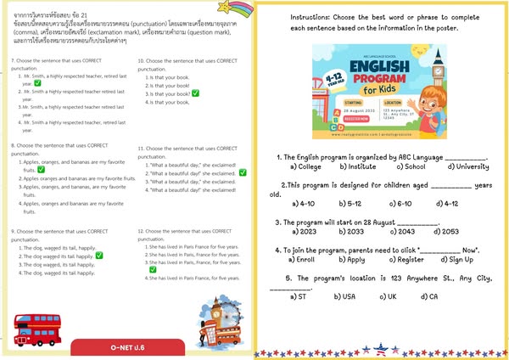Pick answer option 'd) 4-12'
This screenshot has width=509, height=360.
pyautogui.click(x=447, y=204)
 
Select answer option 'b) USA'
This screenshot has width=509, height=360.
pyautogui.click(x=345, y=296)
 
